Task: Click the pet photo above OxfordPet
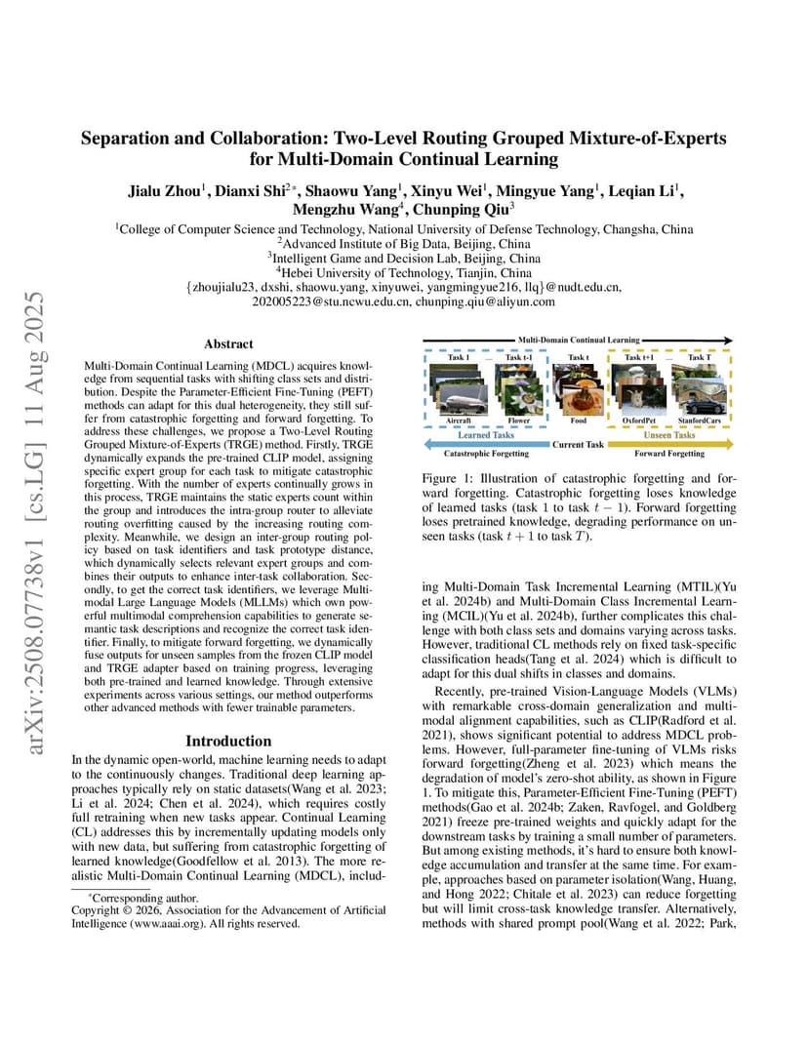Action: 640,393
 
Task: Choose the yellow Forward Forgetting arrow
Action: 673,444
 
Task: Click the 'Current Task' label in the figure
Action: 580,444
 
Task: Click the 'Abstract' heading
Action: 228,343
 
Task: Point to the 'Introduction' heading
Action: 228,741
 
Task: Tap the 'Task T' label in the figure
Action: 700,358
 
